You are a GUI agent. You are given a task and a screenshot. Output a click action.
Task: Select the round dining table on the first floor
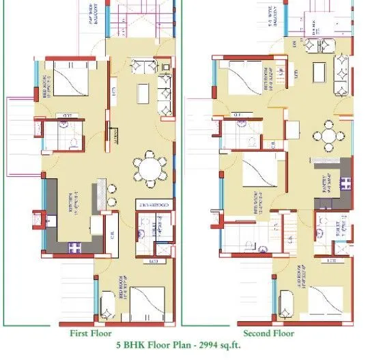coord(150,168)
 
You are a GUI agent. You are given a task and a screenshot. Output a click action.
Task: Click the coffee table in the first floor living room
coord(143,92)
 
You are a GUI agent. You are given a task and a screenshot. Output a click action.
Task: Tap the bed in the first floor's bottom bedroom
coord(145,301)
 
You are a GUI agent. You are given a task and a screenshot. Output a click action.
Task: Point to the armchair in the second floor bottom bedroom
coord(287,301)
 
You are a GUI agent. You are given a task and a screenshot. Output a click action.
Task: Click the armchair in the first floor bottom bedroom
coord(108,303)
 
